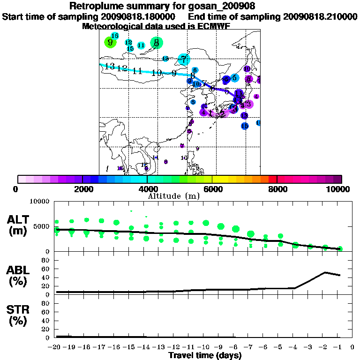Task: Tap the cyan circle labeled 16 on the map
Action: click(x=114, y=36)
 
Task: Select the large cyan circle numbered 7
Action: click(x=184, y=60)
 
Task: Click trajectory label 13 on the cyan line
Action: click(x=110, y=67)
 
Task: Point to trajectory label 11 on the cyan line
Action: click(x=137, y=71)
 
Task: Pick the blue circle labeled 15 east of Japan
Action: click(x=245, y=126)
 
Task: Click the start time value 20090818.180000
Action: click(x=138, y=16)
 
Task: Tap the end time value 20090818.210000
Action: click(x=320, y=16)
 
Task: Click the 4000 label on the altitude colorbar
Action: click(x=147, y=189)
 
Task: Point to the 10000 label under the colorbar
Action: click(x=340, y=189)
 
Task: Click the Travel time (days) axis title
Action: click(x=205, y=355)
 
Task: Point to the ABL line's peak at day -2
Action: click(x=325, y=272)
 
